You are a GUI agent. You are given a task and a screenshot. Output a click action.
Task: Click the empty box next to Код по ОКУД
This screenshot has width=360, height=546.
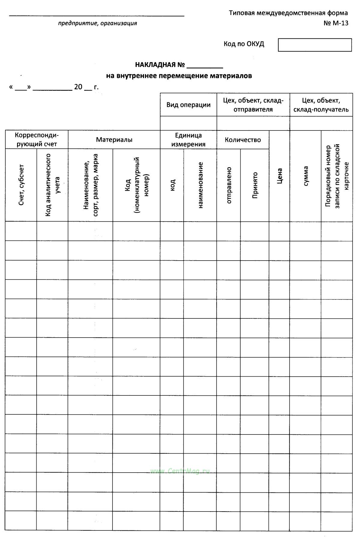[x=315, y=45]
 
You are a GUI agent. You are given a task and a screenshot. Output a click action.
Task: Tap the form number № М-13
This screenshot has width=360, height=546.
[x=336, y=23]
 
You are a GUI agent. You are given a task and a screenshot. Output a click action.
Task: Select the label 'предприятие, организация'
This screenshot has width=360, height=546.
[x=97, y=23]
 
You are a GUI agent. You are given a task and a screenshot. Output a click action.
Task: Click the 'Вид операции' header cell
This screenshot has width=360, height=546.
[x=188, y=105]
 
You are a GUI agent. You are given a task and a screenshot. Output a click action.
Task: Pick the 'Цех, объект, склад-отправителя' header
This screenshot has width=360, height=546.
[x=253, y=105]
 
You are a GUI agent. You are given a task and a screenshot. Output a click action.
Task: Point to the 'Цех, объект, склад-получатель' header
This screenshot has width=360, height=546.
[x=321, y=105]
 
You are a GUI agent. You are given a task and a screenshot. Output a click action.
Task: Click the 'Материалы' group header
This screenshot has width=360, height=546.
[x=114, y=140]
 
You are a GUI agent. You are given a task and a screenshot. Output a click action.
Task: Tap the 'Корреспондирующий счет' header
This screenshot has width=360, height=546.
[x=37, y=140]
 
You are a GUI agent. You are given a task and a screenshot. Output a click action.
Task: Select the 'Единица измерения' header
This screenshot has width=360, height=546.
[x=188, y=140]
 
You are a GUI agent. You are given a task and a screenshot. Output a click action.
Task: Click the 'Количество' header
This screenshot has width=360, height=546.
[x=243, y=140]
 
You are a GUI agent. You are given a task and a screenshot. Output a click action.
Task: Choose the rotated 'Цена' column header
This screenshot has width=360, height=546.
[x=279, y=176]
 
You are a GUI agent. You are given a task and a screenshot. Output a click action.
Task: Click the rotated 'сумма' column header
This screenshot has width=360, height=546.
[x=305, y=176]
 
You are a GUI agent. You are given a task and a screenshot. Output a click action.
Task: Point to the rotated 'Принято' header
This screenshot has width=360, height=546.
[x=255, y=185]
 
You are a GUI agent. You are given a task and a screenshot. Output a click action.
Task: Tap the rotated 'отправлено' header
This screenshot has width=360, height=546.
[x=229, y=185]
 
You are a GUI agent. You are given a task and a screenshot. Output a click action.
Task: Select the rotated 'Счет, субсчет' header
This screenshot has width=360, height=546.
[x=21, y=185]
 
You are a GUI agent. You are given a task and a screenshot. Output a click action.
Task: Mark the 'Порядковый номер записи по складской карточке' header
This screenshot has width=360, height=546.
[x=337, y=176]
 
